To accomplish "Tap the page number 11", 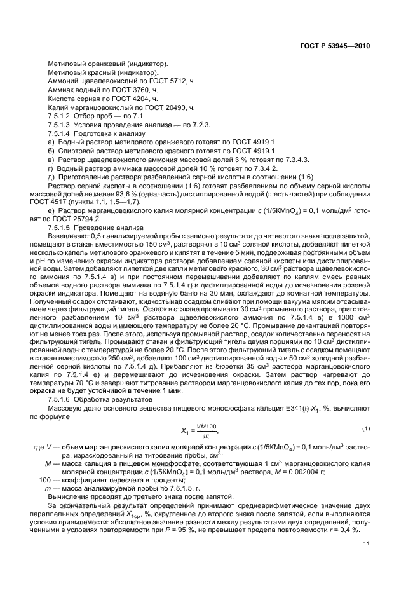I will [x=366, y=543].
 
